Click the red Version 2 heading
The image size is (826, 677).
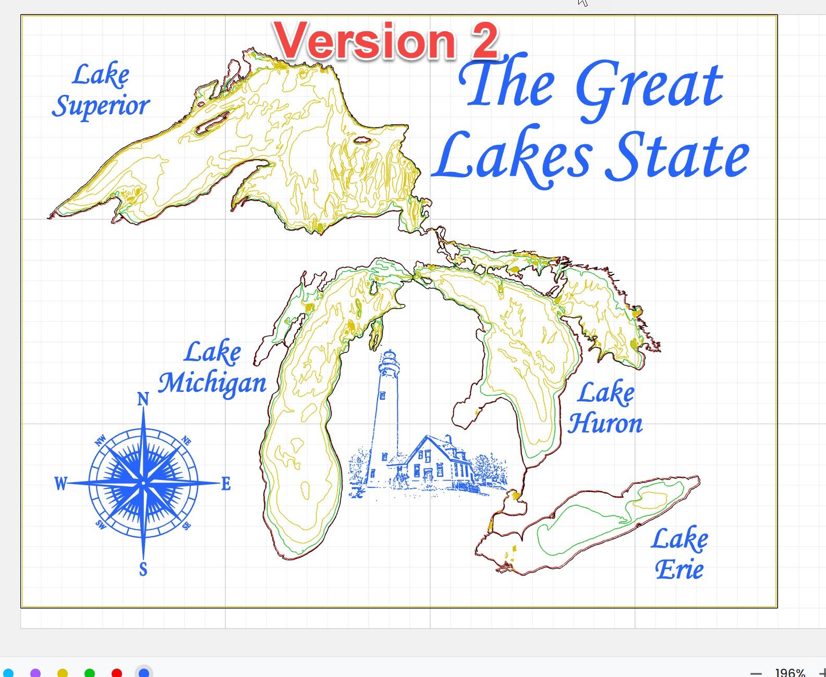click(x=386, y=42)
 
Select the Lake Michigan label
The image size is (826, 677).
click(x=212, y=368)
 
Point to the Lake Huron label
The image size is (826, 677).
click(x=605, y=408)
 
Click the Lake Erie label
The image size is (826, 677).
click(x=679, y=554)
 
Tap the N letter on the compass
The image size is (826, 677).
click(x=143, y=399)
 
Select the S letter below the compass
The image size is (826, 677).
click(x=143, y=569)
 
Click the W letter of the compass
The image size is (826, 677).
click(x=61, y=484)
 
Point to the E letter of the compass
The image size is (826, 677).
click(x=226, y=484)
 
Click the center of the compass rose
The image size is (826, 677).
click(x=143, y=484)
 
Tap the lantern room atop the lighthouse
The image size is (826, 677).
click(x=389, y=360)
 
